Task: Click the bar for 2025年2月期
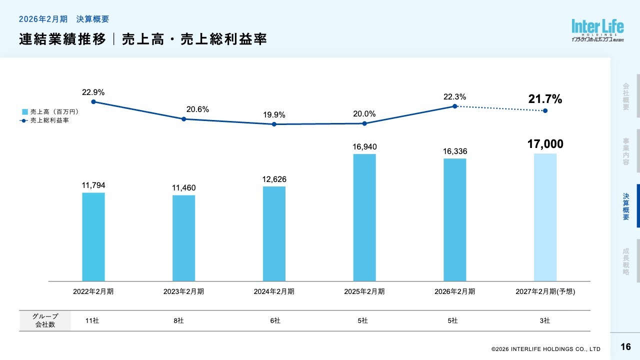tap(364, 217)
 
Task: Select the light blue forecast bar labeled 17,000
tap(545, 217)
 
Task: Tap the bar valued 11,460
tap(183, 238)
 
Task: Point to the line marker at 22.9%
tap(93, 101)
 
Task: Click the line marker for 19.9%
tap(274, 124)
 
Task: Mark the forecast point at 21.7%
tap(545, 110)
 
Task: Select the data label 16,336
tap(455, 151)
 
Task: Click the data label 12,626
tap(274, 179)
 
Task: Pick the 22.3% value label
tap(455, 97)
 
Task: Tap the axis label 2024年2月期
tap(274, 291)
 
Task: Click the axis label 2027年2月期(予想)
tap(545, 291)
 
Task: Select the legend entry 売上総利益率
tap(49, 120)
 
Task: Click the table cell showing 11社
tap(92, 321)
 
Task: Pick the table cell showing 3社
tap(545, 321)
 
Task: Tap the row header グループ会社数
tap(45, 320)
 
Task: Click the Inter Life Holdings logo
tap(598, 30)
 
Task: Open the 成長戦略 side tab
tap(626, 261)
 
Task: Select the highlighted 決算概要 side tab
tap(626, 206)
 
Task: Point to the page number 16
tap(625, 347)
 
